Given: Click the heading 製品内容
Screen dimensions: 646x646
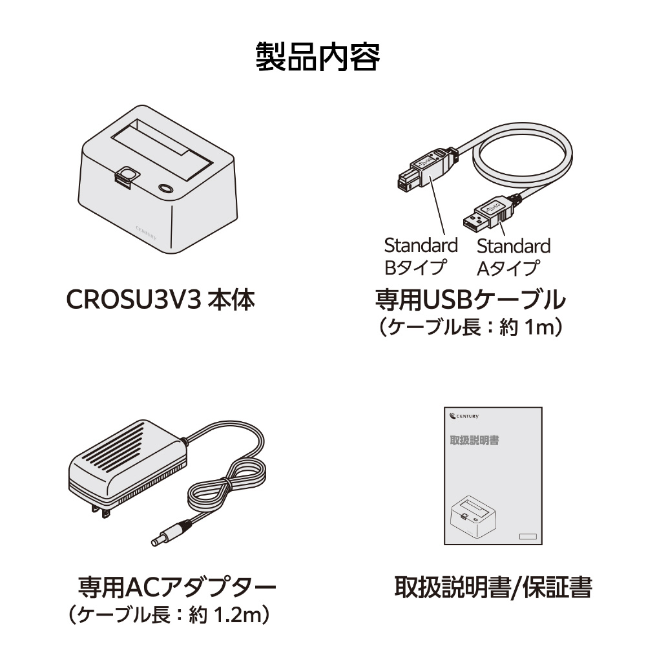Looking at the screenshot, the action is [x=318, y=56].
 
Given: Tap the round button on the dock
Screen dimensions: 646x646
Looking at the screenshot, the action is [x=165, y=188].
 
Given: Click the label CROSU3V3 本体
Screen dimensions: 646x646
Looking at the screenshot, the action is [x=161, y=300].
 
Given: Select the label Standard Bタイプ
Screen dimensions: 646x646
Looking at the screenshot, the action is [x=421, y=256].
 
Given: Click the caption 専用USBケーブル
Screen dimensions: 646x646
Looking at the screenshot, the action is [x=470, y=300].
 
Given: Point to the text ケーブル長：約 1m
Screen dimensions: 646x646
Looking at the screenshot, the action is [x=470, y=328].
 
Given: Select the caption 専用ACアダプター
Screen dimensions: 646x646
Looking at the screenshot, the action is [x=177, y=587].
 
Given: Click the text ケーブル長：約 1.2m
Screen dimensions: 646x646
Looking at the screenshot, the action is [x=169, y=615].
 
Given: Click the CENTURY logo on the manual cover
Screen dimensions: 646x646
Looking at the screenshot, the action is [x=464, y=416].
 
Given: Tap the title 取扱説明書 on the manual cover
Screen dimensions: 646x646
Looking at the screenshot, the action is [x=474, y=440].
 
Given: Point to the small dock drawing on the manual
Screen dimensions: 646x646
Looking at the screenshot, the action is [x=474, y=516].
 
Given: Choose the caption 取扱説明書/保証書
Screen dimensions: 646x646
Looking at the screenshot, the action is [x=493, y=587].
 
